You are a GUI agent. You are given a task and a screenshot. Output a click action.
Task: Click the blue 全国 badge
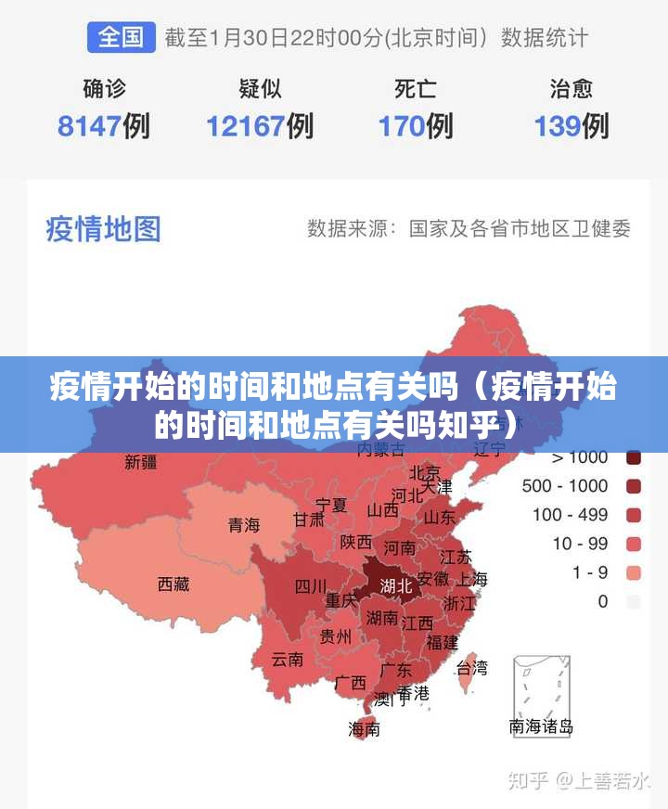coord(121,37)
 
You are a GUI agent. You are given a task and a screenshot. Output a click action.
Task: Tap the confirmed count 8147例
coord(103,125)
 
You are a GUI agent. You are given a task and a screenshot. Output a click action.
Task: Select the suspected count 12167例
coord(259,125)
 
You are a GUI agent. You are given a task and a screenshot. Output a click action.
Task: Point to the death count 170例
coord(415,125)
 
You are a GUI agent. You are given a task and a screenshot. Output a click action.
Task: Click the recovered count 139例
coord(571,125)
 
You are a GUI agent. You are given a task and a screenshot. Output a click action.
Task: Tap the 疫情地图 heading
coord(103,228)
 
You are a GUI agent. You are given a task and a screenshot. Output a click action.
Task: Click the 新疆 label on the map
coord(141,462)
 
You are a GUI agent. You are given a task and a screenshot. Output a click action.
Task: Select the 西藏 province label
coord(173,584)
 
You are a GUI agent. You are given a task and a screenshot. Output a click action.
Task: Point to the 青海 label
coord(244,525)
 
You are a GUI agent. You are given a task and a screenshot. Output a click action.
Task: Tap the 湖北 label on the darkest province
coord(396,585)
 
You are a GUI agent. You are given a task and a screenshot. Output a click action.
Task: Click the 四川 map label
coord(311,586)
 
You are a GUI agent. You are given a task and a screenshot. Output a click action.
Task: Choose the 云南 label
coord(288,660)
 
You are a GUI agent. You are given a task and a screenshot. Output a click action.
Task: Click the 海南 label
coord(364,729)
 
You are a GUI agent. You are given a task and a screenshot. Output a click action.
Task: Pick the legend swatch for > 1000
coord(635,456)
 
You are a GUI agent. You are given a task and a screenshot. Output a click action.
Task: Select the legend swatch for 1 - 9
coord(635,572)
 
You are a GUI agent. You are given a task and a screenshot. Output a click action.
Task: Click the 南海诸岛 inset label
coord(542,726)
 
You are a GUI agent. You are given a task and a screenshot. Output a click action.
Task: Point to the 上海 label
coord(471,579)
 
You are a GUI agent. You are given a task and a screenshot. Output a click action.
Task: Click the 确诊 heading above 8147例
coord(103,89)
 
